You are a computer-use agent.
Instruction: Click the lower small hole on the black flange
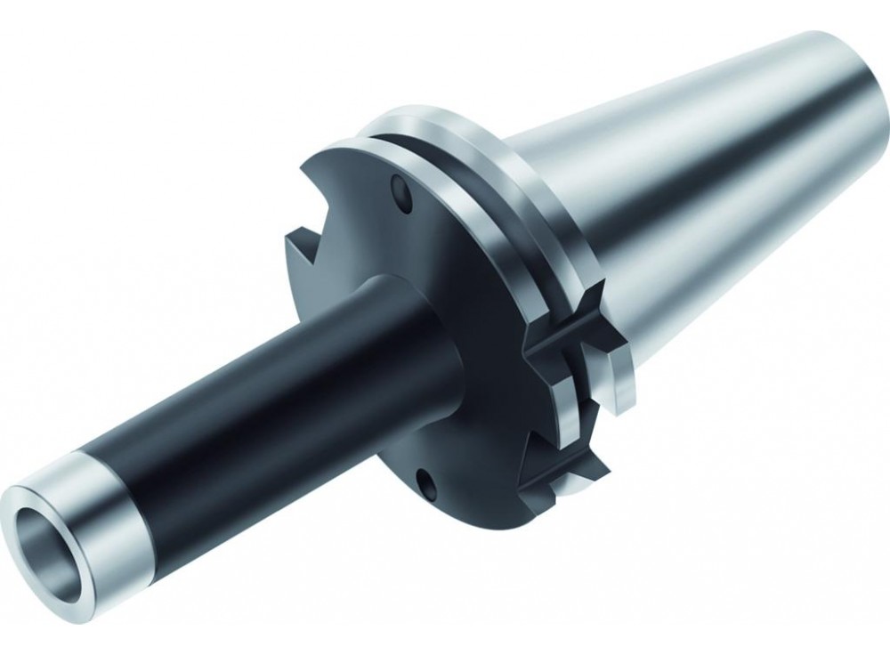[x=431, y=484]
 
